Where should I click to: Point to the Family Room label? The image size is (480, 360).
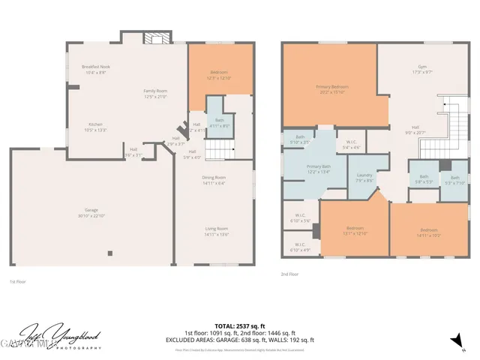coord(155,93)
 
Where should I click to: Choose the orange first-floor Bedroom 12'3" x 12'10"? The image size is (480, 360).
coord(209,74)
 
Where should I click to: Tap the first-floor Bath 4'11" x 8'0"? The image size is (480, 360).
coord(219,122)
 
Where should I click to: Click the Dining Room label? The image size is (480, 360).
coord(214,179)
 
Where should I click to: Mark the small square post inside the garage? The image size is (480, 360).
coord(109,253)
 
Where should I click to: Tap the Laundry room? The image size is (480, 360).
coord(364,176)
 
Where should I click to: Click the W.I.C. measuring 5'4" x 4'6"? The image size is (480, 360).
coord(351,144)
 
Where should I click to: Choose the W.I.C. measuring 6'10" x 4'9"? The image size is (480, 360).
coord(299,247)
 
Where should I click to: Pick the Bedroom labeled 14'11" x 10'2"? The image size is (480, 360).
coord(428,232)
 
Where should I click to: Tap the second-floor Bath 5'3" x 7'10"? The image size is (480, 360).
coord(454,180)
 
